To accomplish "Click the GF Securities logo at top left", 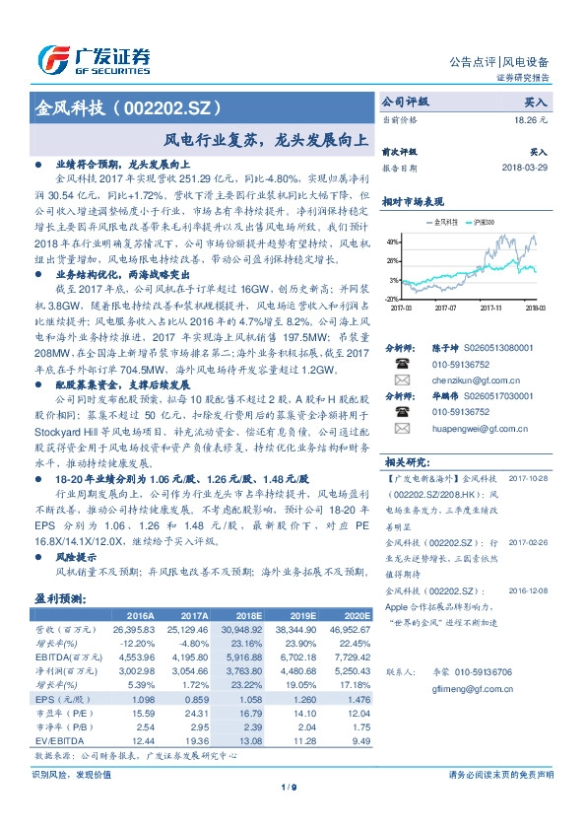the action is [x=94, y=58].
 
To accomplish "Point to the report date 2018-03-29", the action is [x=523, y=169].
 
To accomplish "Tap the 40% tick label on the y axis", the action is [x=393, y=242].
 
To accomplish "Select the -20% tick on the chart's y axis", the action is [x=392, y=298].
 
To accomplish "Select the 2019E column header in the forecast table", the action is [x=302, y=614].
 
